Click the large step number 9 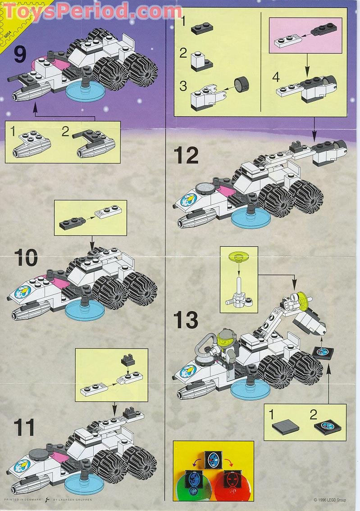point(20,55)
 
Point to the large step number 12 point(186,156)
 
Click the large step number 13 point(186,320)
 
